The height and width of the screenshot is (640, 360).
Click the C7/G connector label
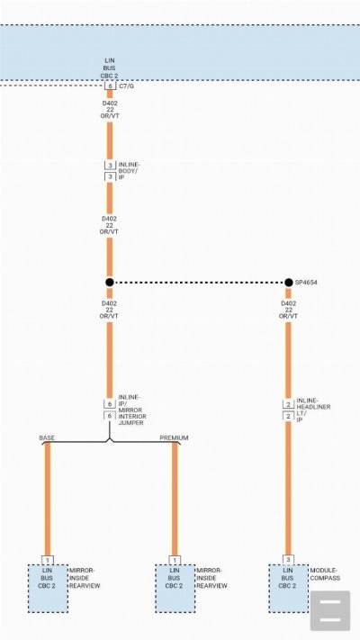[126, 86]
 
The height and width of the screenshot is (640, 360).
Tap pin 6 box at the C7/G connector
[110, 86]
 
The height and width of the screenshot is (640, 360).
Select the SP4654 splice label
[306, 283]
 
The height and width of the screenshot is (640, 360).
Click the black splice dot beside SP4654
[289, 283]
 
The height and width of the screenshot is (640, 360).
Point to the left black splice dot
[110, 283]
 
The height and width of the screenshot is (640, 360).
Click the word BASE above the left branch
[47, 438]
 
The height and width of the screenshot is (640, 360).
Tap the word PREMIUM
[174, 438]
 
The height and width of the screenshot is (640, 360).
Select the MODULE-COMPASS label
[325, 574]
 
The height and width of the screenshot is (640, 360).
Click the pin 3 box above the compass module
[288, 560]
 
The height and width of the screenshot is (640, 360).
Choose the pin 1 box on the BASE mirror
[48, 560]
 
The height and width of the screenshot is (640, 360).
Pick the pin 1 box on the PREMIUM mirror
[175, 560]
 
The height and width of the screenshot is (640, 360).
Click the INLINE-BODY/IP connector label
[129, 171]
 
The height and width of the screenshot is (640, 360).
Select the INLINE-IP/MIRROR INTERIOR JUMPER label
[132, 410]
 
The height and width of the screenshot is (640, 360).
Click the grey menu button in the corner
[330, 610]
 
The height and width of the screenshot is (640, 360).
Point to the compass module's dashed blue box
[288, 588]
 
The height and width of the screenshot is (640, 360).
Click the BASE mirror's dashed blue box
[48, 588]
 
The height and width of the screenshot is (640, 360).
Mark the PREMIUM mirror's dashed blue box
[175, 588]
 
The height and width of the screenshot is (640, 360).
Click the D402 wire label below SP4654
[288, 310]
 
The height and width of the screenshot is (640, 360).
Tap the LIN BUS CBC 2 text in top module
[110, 68]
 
